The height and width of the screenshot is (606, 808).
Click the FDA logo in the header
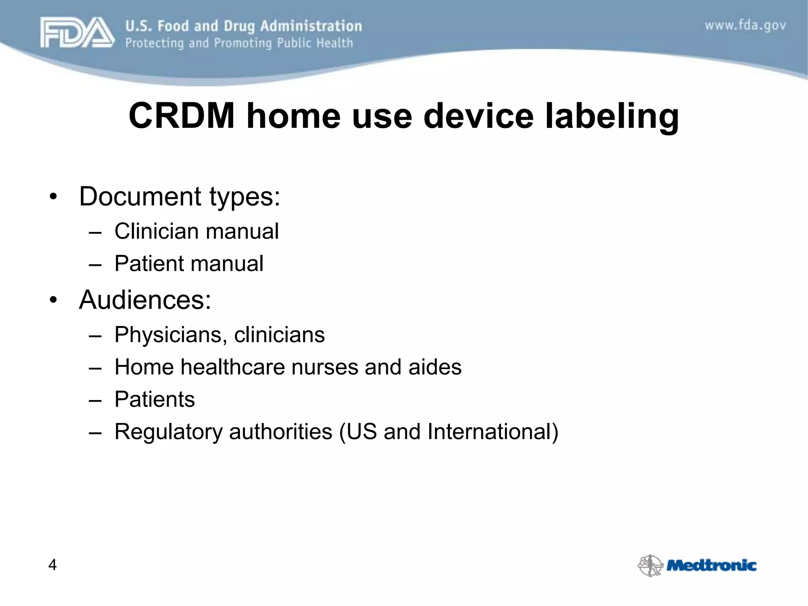tap(77, 33)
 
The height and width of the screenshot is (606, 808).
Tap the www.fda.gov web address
tap(745, 26)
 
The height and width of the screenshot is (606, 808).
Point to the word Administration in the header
tap(311, 26)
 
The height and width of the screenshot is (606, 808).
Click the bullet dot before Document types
tap(53, 196)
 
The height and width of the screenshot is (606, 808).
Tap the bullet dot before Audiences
tap(53, 300)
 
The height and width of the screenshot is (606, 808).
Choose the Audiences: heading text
tap(145, 300)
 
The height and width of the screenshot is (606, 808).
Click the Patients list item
tap(155, 399)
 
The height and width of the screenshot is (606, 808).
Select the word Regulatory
tap(168, 432)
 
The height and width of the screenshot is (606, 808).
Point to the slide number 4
tap(52, 565)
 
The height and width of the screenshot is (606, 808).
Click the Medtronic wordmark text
tap(711, 565)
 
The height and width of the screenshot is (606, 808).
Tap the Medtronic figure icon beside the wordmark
tap(650, 565)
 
